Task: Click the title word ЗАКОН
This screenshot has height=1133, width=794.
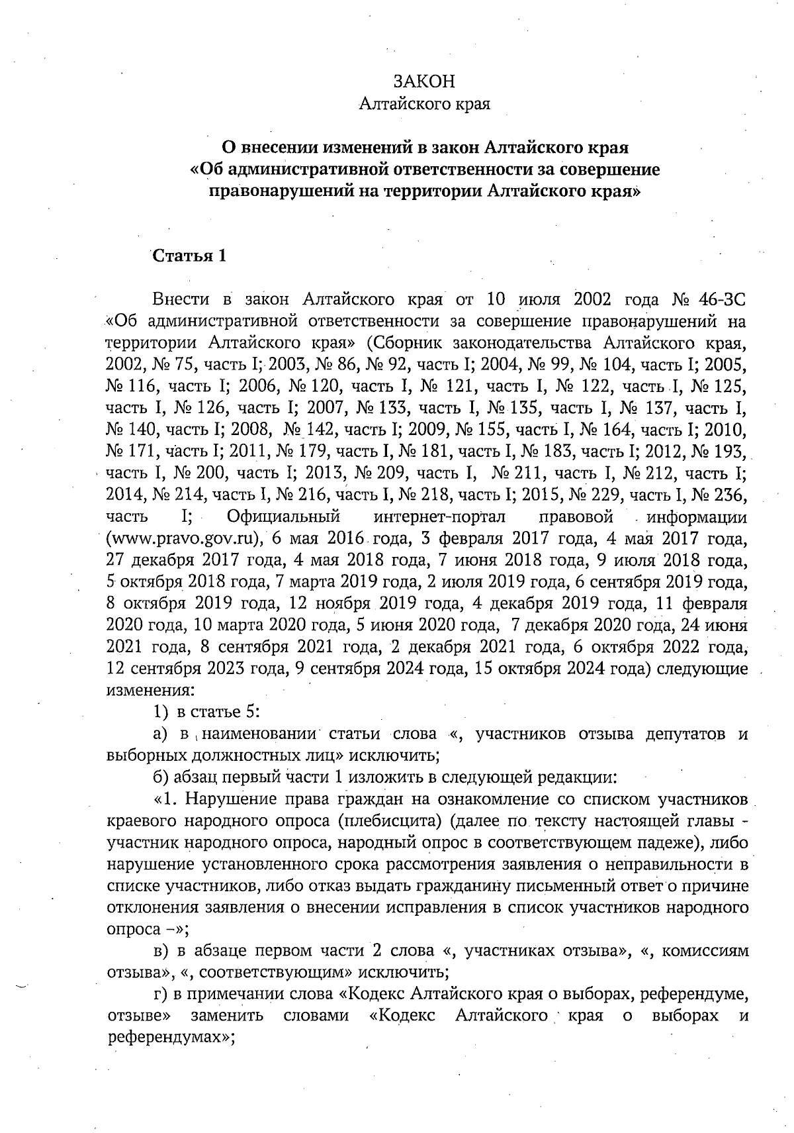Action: point(423,81)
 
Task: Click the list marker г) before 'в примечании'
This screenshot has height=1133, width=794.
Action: point(159,995)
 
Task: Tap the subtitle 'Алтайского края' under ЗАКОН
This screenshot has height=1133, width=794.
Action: point(423,104)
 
